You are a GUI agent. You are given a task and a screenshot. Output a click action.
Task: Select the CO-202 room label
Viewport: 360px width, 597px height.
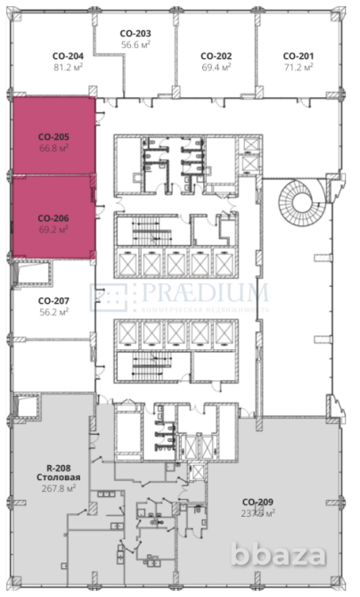(x=217, y=54)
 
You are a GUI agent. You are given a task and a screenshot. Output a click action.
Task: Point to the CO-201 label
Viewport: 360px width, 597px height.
(x=299, y=54)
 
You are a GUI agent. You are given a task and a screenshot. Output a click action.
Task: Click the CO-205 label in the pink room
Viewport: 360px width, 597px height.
(x=53, y=138)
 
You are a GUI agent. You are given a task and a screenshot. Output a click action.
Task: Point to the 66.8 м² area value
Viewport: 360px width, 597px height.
(x=53, y=149)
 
